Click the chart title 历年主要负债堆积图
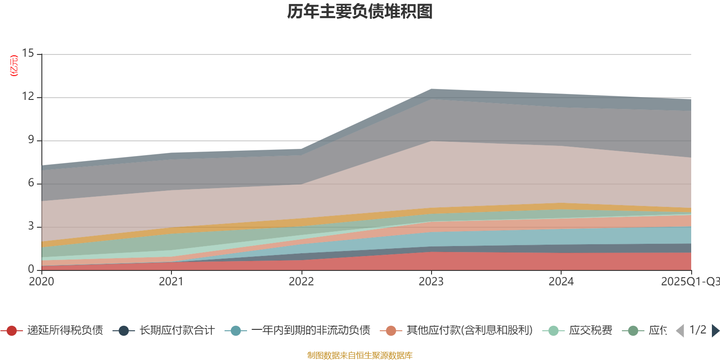[x=360, y=12]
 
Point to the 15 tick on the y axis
[x=28, y=54]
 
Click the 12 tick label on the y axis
[x=28, y=97]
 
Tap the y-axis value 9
[x=31, y=140]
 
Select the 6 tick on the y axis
[x=31, y=183]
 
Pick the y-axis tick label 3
[x=31, y=226]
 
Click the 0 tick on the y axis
[x=31, y=269]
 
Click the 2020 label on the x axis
[x=41, y=282]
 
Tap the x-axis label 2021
[x=171, y=282]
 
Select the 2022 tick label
[x=301, y=282]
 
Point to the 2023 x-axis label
[x=431, y=282]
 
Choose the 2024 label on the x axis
[x=561, y=282]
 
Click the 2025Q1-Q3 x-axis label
[x=689, y=282]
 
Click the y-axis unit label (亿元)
[x=14, y=66]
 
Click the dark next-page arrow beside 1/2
[x=715, y=331]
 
